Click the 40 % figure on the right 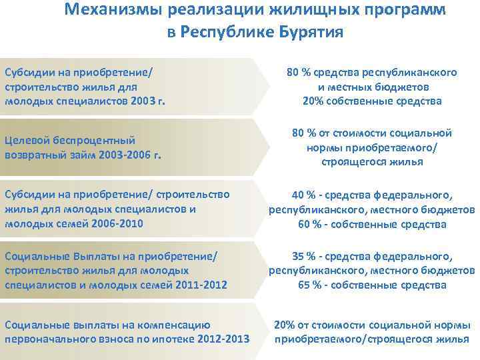coord(305,195)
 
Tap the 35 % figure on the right coord(305,256)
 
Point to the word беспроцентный coord(83,140)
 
